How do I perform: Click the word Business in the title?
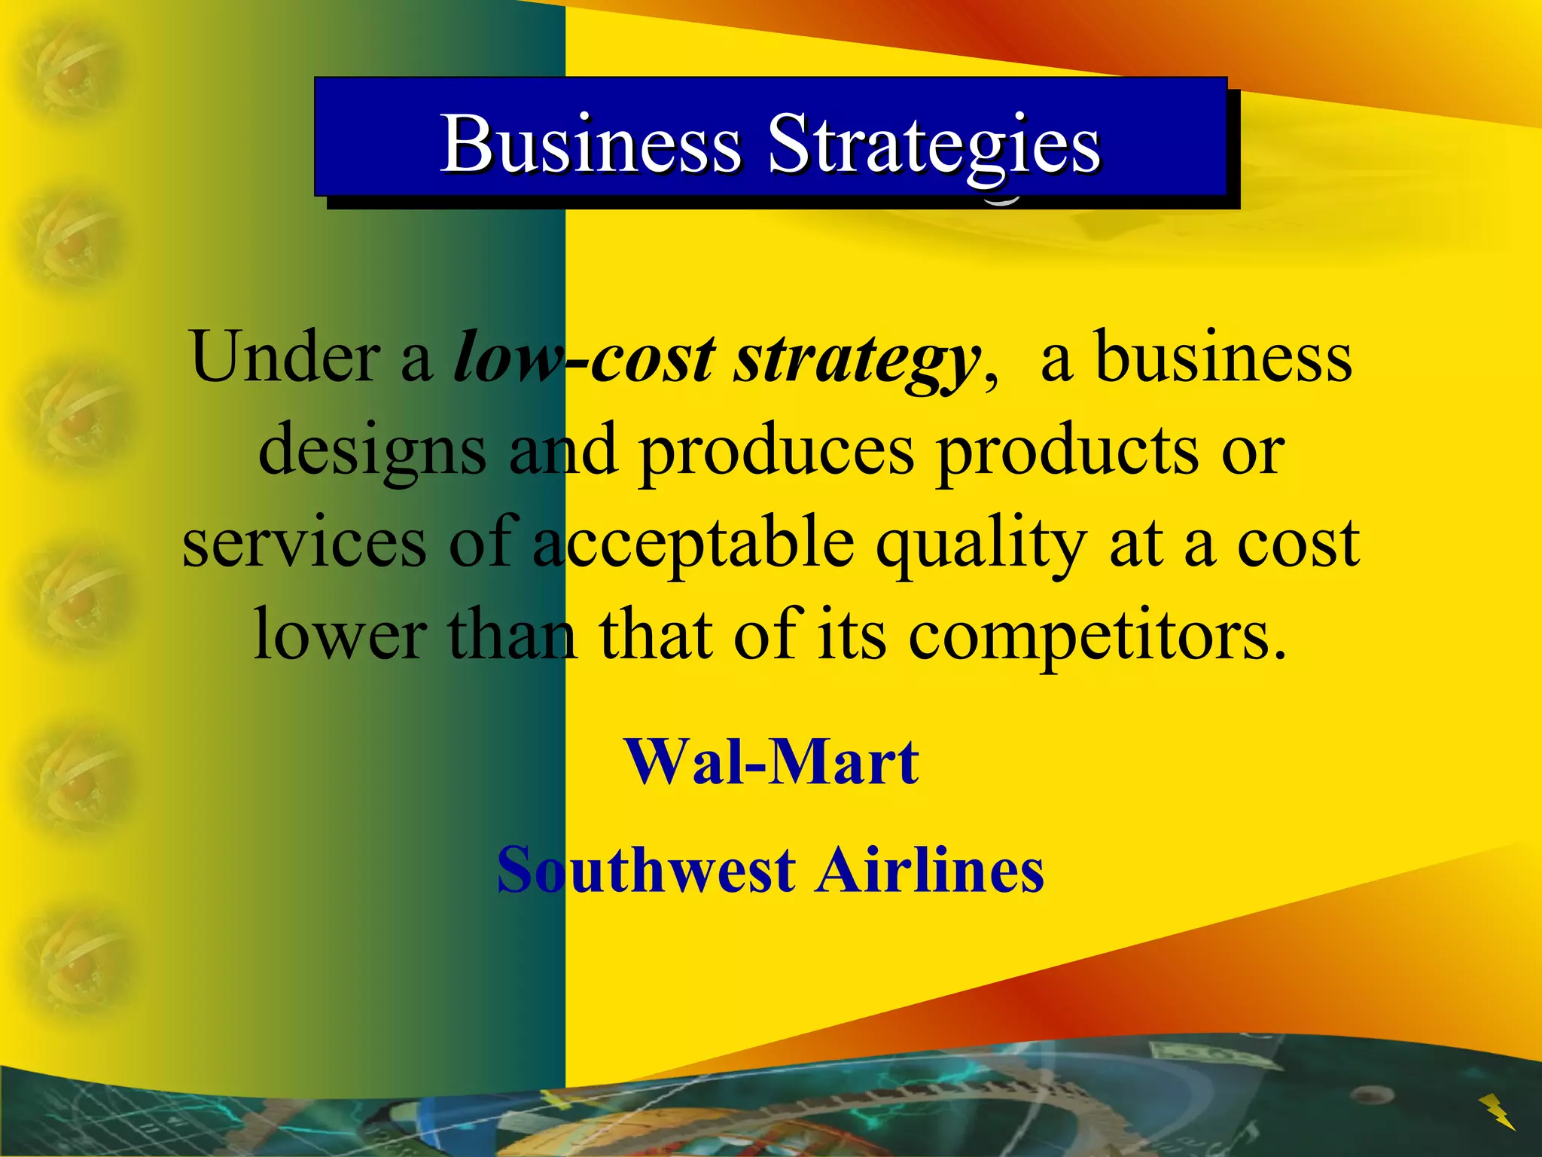(x=591, y=143)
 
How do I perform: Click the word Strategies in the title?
(x=934, y=145)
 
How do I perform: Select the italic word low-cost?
(x=584, y=357)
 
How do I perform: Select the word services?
(x=304, y=544)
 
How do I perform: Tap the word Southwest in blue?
(x=646, y=870)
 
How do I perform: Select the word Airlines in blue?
(x=931, y=870)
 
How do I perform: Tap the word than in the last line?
(x=512, y=635)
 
